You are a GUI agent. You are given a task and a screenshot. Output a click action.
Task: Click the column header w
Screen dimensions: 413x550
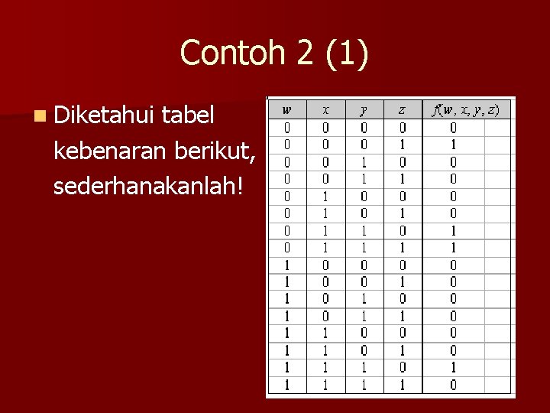[287, 109]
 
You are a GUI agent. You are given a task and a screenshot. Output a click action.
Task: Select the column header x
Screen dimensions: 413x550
[325, 109]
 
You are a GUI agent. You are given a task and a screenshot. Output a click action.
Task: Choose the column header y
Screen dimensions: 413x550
[364, 110]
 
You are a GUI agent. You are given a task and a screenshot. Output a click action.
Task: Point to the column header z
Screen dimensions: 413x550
[402, 109]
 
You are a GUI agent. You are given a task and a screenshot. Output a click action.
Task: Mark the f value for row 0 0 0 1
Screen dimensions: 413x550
[453, 145]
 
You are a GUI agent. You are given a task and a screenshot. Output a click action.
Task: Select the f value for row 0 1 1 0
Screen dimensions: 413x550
[453, 229]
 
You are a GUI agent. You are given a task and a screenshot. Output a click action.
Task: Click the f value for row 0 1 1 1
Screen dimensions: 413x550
[453, 246]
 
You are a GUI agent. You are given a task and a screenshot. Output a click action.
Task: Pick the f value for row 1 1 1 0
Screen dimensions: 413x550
[453, 366]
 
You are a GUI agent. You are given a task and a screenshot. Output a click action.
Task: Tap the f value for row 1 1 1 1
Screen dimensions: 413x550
[453, 384]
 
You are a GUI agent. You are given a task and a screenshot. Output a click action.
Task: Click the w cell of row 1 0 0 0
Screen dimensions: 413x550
[287, 264]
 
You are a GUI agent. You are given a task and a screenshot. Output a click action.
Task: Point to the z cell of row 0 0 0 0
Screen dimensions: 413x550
[402, 127]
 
